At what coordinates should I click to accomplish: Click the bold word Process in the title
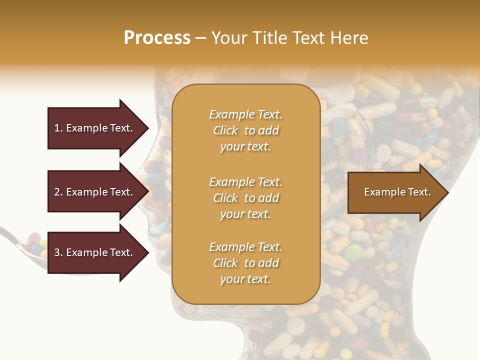click(157, 38)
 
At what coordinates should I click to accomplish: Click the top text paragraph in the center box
click(245, 130)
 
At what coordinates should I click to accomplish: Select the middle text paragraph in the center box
click(245, 198)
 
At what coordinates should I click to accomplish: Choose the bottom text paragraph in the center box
click(245, 263)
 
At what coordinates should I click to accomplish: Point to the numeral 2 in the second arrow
click(57, 192)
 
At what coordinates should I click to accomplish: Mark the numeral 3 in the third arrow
click(57, 252)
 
